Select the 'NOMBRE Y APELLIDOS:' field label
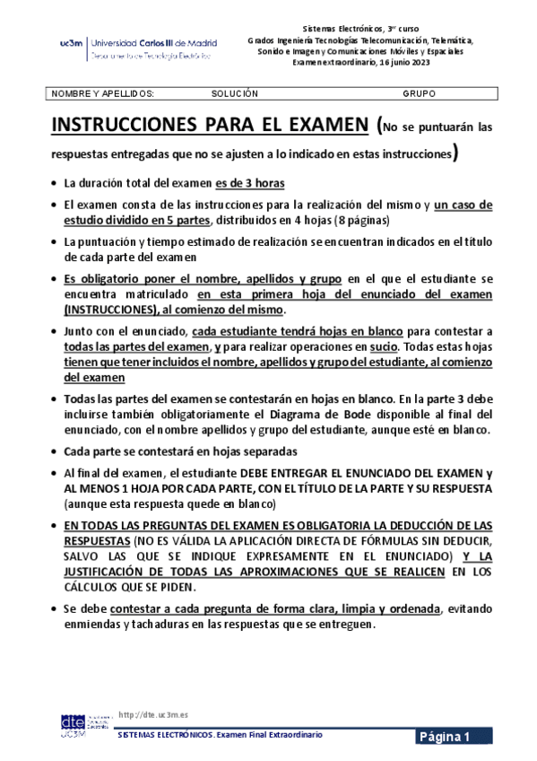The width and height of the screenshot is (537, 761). coord(103,93)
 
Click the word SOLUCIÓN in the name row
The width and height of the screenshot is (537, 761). coord(235,93)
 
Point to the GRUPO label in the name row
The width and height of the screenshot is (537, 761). coord(420,93)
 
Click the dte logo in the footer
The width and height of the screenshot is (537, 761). coord(73,725)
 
